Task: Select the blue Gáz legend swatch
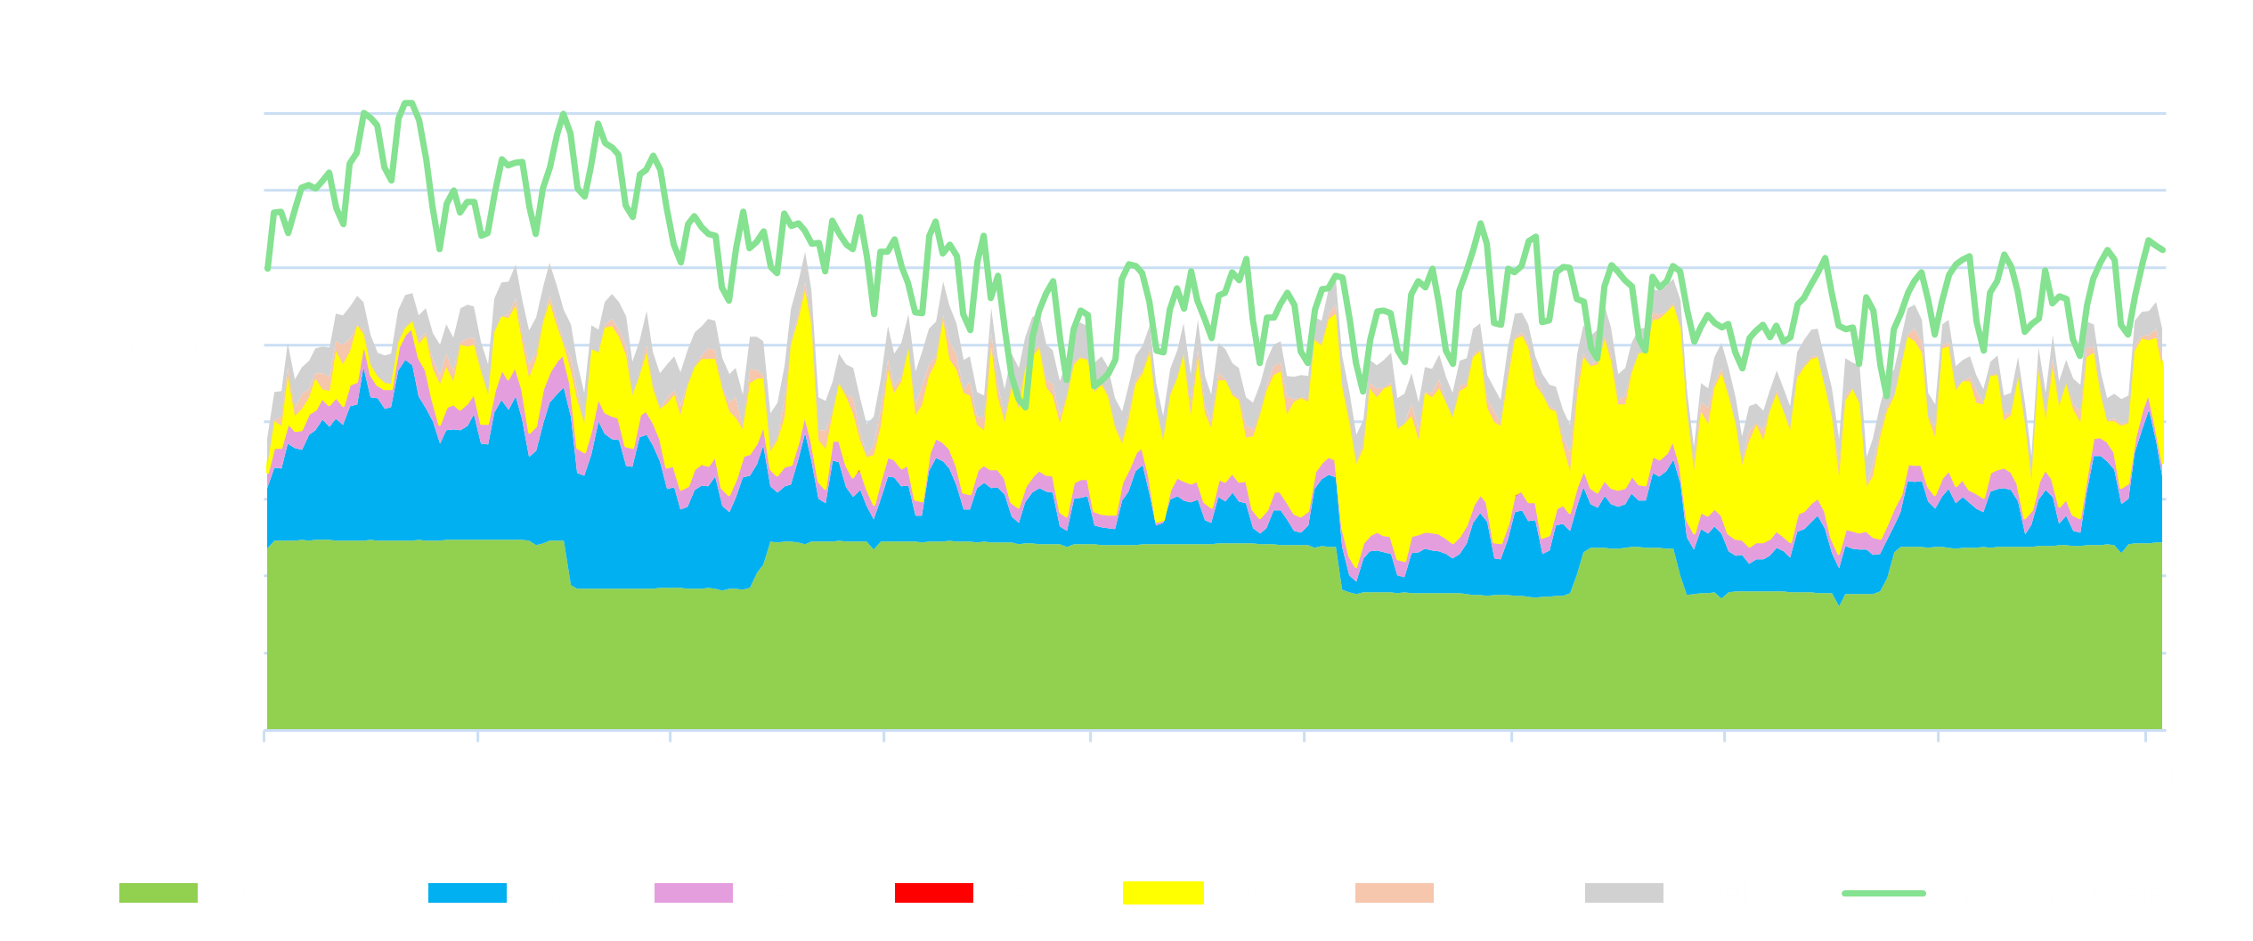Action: pos(467,892)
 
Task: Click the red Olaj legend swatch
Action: pos(933,892)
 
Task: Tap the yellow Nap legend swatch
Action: pos(1162,892)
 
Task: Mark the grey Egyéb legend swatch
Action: pos(1623,892)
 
